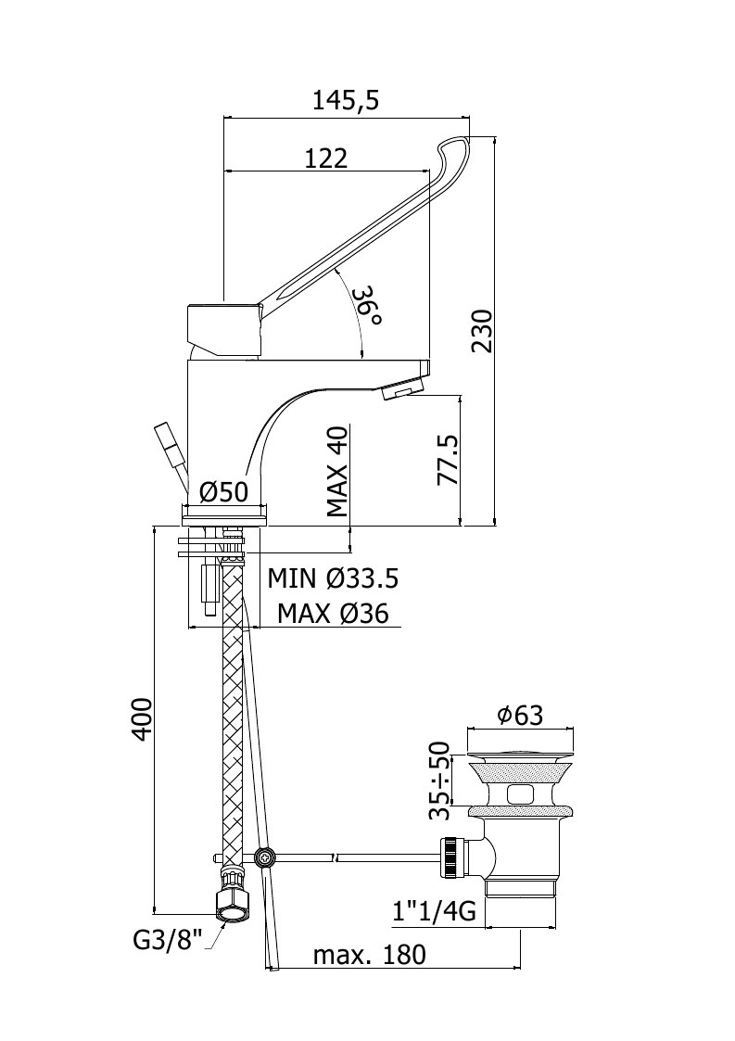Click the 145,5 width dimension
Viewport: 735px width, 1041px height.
346,100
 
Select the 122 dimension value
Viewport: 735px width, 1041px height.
326,159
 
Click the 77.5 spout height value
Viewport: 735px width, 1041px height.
450,460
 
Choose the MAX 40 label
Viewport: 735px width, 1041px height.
338,472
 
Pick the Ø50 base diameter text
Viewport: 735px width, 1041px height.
223,492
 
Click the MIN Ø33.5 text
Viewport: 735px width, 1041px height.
333,578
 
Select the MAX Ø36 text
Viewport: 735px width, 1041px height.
333,613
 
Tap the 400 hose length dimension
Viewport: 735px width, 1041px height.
143,718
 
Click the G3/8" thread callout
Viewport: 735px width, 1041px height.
167,940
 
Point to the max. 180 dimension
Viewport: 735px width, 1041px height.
369,956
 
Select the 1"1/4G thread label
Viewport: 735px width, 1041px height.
434,911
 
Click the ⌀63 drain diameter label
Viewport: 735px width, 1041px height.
521,715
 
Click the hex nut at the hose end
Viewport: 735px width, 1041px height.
234,905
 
